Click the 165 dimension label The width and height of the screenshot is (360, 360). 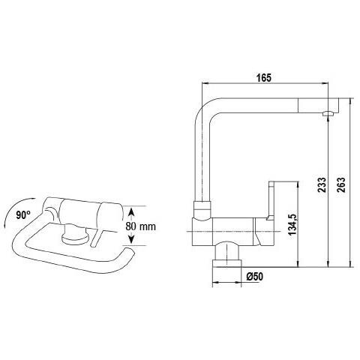[264, 78]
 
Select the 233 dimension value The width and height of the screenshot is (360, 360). [322, 184]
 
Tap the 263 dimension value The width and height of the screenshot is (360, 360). [341, 184]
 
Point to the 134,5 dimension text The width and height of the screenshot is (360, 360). [292, 225]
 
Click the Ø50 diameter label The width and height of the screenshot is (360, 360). [254, 277]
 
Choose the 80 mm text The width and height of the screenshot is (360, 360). [140, 226]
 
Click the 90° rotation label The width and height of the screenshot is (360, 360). [23, 214]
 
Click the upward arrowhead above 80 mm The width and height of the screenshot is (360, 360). [132, 213]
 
